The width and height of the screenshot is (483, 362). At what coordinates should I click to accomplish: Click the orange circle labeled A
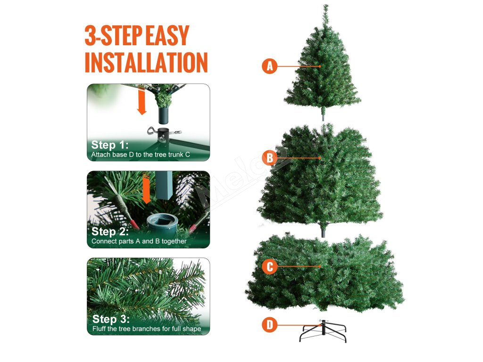pyautogui.click(x=269, y=66)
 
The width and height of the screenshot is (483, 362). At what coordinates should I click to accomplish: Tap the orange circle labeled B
pyautogui.click(x=269, y=158)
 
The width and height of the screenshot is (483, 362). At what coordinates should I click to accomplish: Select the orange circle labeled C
pyautogui.click(x=269, y=266)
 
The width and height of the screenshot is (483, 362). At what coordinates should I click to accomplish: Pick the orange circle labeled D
pyautogui.click(x=269, y=325)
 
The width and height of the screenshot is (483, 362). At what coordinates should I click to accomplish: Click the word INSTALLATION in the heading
pyautogui.click(x=146, y=63)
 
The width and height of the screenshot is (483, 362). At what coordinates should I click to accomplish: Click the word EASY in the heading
pyautogui.click(x=167, y=35)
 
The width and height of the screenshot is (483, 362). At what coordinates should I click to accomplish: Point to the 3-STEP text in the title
pyautogui.click(x=113, y=35)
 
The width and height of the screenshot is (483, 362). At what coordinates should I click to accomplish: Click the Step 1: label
pyautogui.click(x=110, y=145)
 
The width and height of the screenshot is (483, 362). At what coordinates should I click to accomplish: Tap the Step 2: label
pyautogui.click(x=110, y=231)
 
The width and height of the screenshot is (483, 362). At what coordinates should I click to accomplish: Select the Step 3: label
pyautogui.click(x=111, y=319)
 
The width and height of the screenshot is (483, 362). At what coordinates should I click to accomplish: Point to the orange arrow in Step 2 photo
pyautogui.click(x=146, y=189)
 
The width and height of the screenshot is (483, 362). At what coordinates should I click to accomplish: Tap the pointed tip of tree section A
pyautogui.click(x=325, y=5)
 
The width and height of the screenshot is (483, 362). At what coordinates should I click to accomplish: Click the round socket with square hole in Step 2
pyautogui.click(x=162, y=222)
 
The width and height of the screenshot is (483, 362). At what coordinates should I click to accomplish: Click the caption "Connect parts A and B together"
pyautogui.click(x=139, y=241)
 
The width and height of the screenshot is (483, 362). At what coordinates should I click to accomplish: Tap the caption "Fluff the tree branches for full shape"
pyautogui.click(x=147, y=329)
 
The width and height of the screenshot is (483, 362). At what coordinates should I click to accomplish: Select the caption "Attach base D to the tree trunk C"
pyautogui.click(x=141, y=155)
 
